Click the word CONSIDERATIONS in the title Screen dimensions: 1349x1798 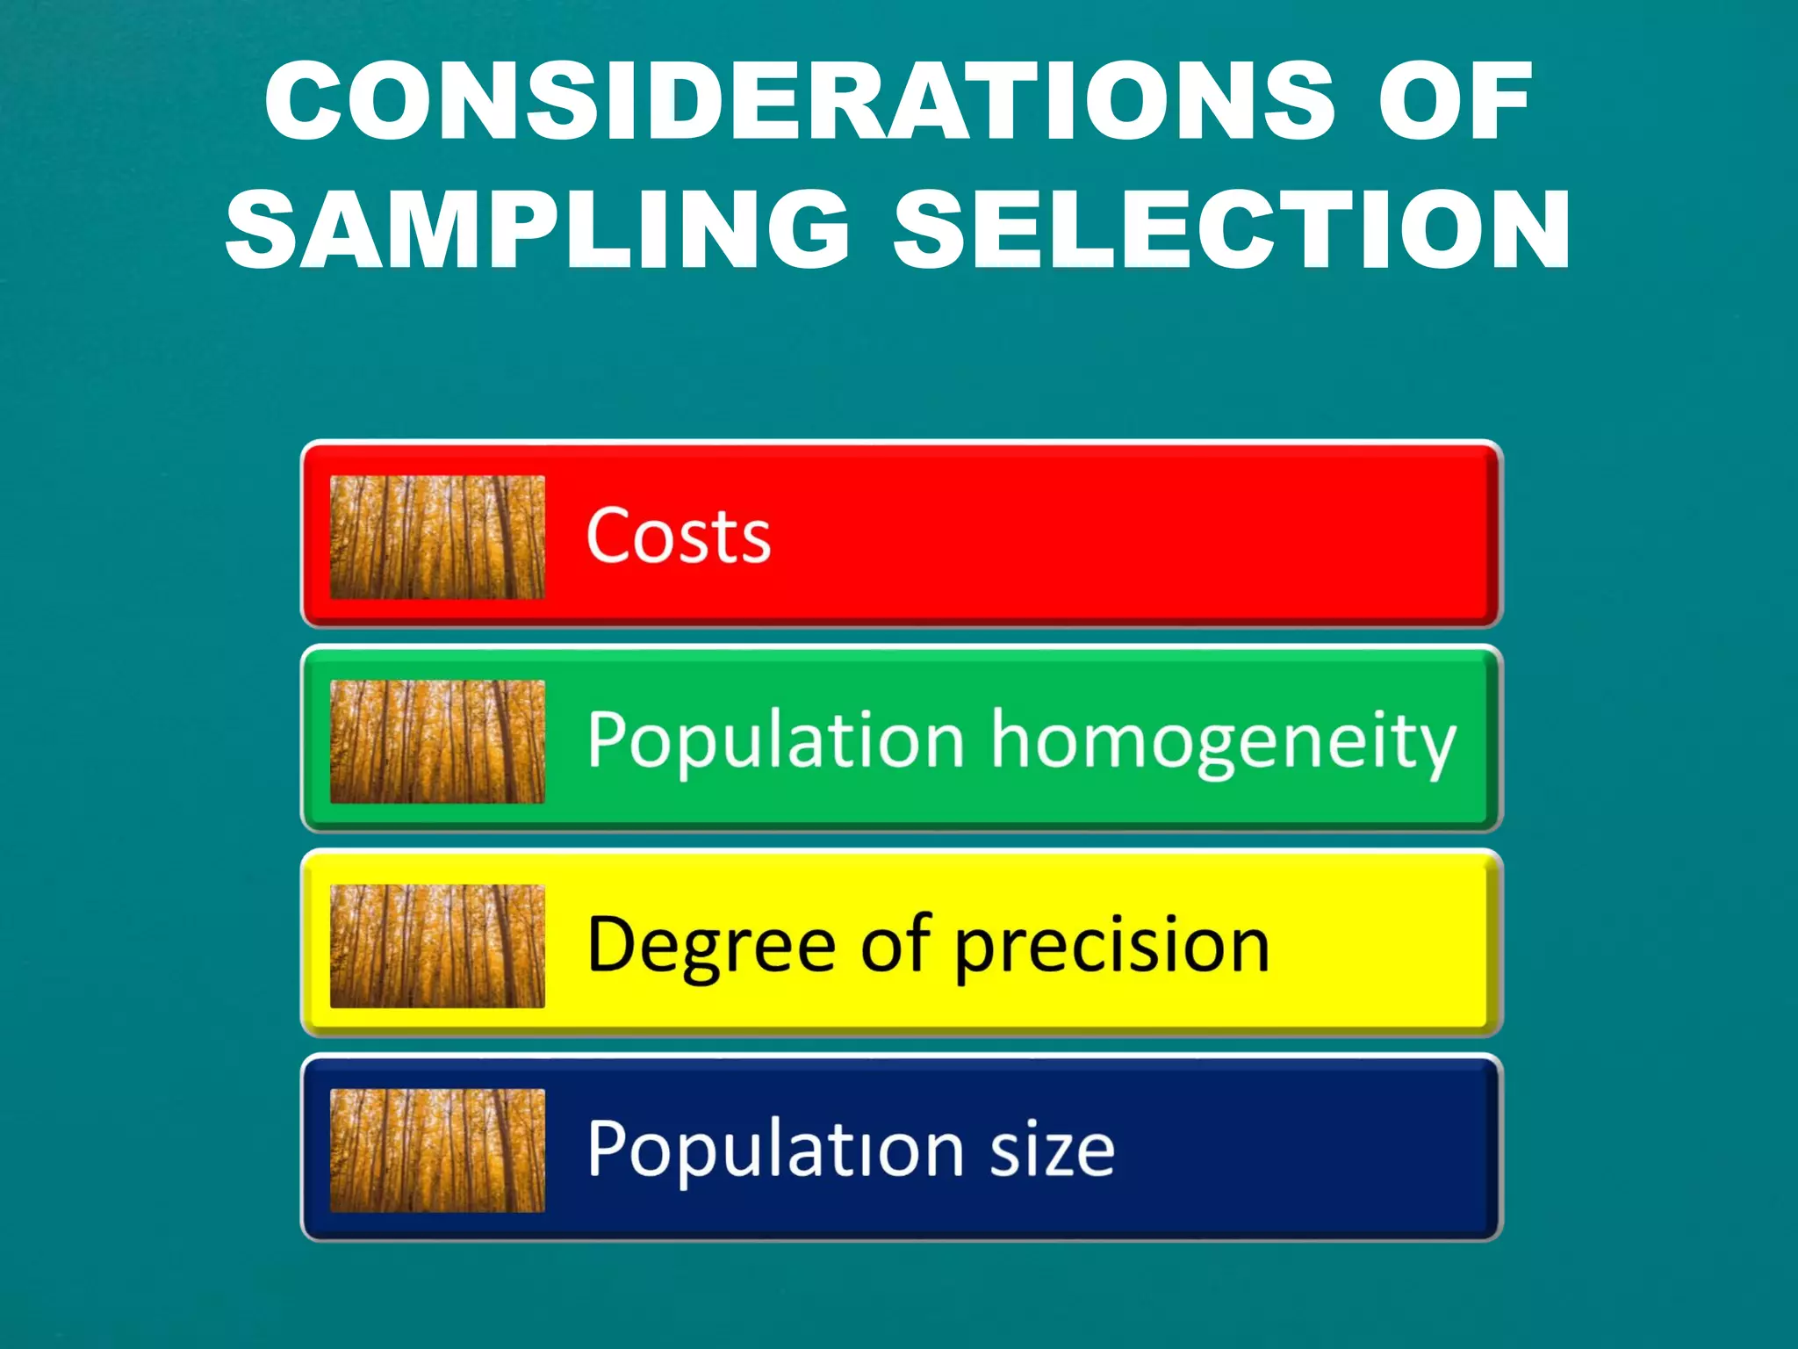tap(800, 101)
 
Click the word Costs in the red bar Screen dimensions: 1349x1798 tap(678, 536)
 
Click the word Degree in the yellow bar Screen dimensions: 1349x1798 tap(711, 946)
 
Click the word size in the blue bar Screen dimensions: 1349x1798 tap(1053, 1149)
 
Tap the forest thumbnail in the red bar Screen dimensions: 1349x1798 tap(437, 537)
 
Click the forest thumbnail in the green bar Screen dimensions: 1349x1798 tap(437, 742)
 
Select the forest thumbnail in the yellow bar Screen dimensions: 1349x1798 tap(437, 946)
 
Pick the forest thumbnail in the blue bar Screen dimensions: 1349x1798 tap(437, 1151)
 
